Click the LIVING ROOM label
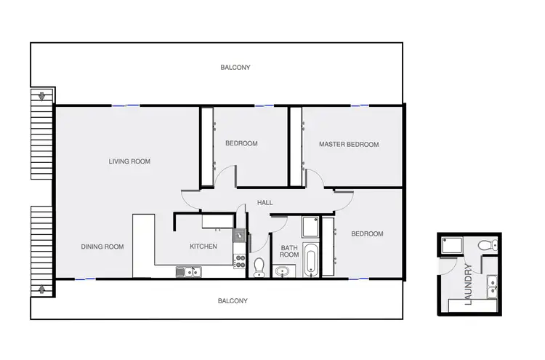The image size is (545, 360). (x=129, y=161)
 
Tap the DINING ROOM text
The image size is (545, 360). (x=102, y=247)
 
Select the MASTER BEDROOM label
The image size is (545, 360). (x=349, y=145)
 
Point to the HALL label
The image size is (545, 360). (x=265, y=202)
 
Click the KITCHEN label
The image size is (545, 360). (x=203, y=247)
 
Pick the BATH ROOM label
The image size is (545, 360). (x=289, y=251)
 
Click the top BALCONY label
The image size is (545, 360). (x=235, y=68)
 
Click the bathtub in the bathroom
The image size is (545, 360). (x=311, y=260)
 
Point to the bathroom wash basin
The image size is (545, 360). (x=283, y=272)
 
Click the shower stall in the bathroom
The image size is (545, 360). (x=310, y=228)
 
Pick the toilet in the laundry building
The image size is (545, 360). (x=491, y=243)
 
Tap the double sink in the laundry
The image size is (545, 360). (x=493, y=286)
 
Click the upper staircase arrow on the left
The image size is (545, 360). (x=42, y=96)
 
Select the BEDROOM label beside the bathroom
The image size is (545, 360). (x=367, y=233)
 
